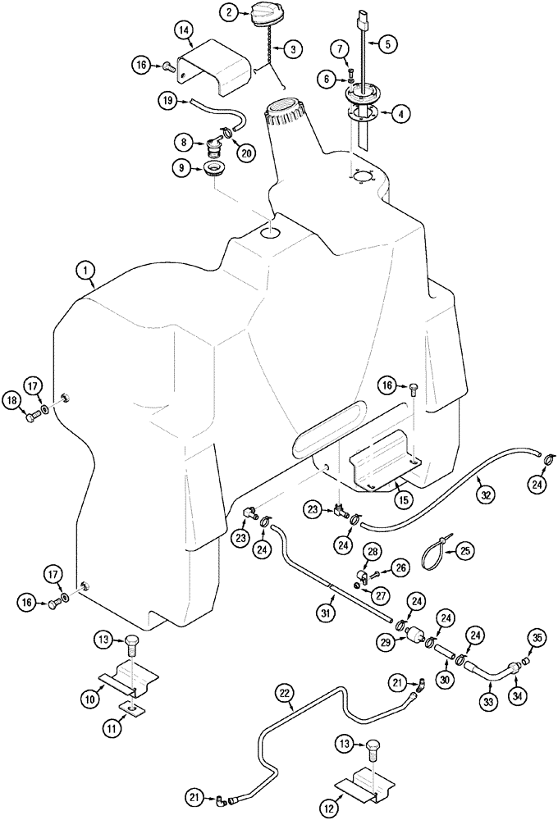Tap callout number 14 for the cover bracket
185,30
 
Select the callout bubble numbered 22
283,695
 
